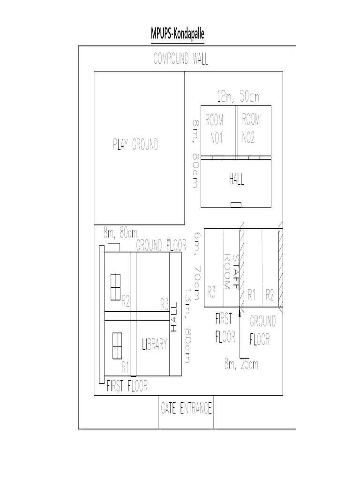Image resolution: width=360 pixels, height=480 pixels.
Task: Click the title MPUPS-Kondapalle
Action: point(178,34)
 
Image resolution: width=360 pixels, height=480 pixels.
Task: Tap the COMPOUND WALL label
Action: point(181,59)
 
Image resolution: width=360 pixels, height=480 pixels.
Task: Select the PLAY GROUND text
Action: point(135,145)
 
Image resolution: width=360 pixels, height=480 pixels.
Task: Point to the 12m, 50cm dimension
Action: point(238,97)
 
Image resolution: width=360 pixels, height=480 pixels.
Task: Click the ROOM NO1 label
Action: point(215,128)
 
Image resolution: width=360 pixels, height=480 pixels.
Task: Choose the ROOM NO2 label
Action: point(251,128)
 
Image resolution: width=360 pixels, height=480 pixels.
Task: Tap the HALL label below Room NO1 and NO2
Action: point(237,180)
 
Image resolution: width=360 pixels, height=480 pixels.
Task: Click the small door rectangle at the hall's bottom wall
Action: point(236,204)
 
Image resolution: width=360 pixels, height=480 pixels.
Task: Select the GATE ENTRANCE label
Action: point(186,408)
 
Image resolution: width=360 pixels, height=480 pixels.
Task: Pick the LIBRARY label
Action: point(154,345)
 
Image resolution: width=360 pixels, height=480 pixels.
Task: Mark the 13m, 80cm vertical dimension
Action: point(187,330)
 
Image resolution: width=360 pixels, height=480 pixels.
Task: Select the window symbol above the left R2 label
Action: point(115,286)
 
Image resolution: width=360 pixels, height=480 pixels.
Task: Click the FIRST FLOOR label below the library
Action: point(127,386)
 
